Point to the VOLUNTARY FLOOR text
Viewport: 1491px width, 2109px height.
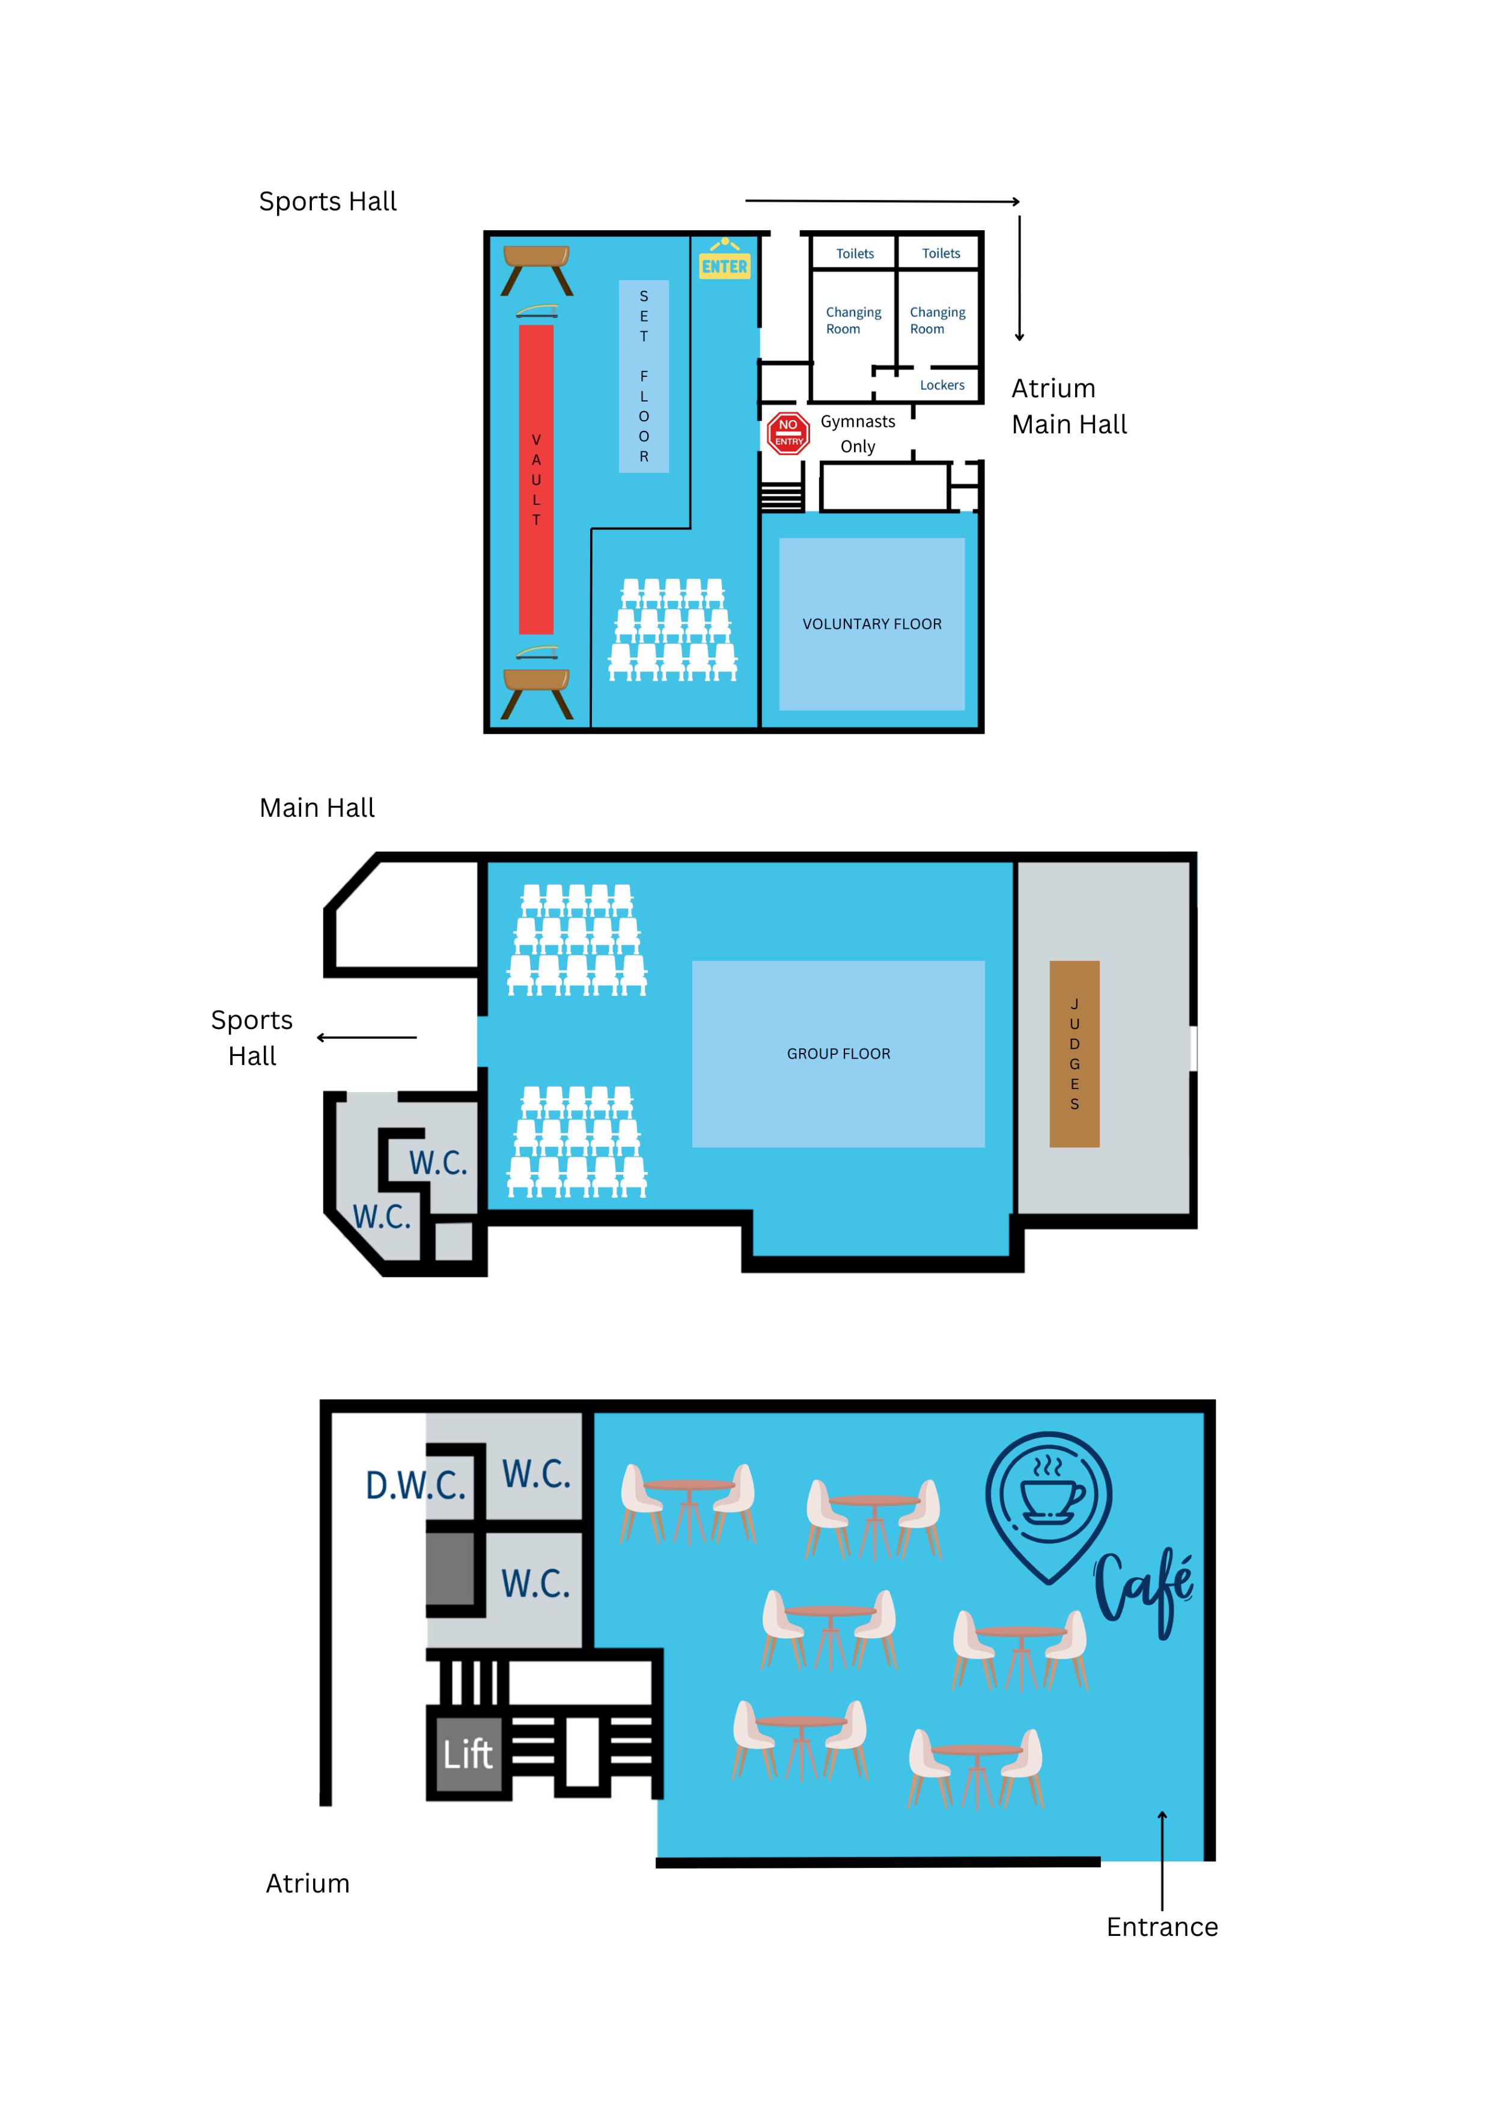tap(872, 624)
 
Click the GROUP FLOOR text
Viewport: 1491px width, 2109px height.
tap(838, 1054)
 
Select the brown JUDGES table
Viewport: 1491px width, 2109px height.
tap(1074, 1054)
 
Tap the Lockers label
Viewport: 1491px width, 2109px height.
tap(942, 385)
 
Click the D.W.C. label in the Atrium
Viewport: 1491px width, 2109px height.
tap(415, 1485)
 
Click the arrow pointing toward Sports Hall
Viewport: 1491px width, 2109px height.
tap(367, 1037)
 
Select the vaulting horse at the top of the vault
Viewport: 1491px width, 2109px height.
tap(537, 268)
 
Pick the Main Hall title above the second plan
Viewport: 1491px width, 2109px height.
tap(317, 807)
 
